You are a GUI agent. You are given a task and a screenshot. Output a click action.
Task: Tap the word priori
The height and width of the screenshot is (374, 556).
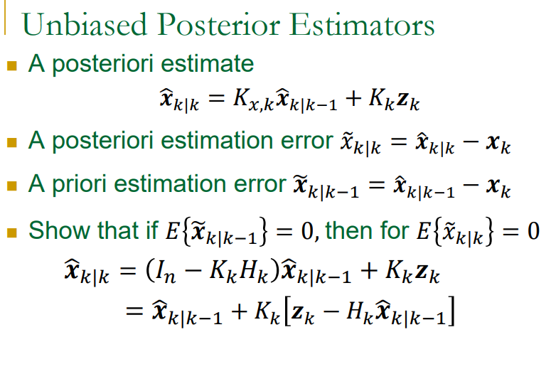(82, 185)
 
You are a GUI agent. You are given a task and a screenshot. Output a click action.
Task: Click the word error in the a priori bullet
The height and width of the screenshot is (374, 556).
(258, 185)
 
